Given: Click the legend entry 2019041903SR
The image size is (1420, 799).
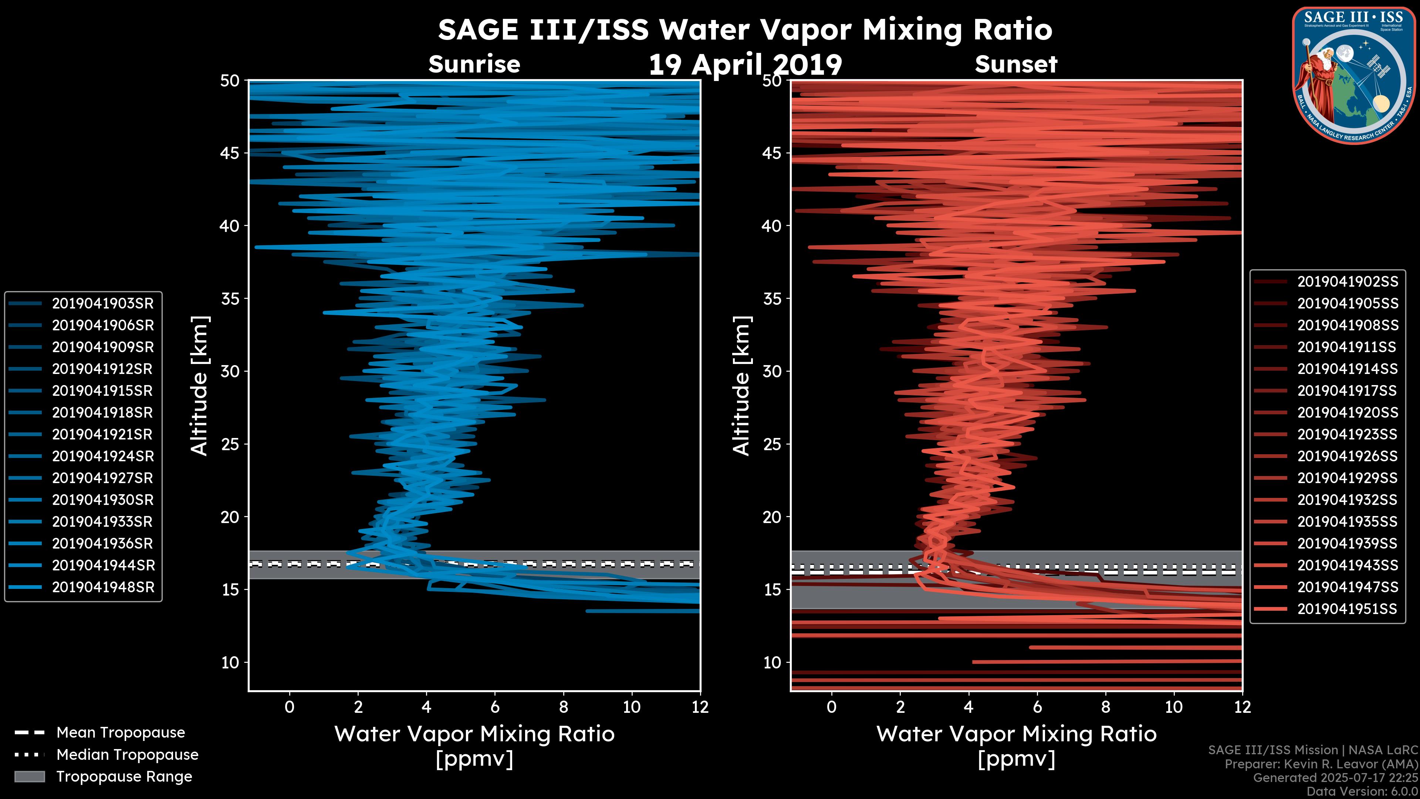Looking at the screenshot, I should [102, 303].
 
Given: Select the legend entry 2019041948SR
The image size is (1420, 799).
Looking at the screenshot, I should [102, 587].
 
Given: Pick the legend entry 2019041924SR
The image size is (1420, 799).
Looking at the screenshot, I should [102, 456].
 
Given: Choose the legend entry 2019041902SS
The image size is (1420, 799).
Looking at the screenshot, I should [1347, 282].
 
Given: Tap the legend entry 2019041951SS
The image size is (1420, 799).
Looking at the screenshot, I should [1347, 609].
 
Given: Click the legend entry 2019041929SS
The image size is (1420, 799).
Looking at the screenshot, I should [1347, 478].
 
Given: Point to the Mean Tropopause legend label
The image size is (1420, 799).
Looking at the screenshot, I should [120, 733].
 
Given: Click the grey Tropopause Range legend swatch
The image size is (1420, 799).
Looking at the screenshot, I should [29, 776].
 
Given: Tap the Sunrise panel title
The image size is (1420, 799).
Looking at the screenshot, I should [474, 64].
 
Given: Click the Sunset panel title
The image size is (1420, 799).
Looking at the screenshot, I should [1015, 64].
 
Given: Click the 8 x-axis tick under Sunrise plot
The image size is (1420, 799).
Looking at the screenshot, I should [563, 707].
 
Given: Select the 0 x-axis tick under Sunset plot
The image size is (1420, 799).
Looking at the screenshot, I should [831, 707].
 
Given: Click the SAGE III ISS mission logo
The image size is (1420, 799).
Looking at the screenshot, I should [1353, 75].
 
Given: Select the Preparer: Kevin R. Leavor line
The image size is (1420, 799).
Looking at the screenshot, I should [1321, 764].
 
